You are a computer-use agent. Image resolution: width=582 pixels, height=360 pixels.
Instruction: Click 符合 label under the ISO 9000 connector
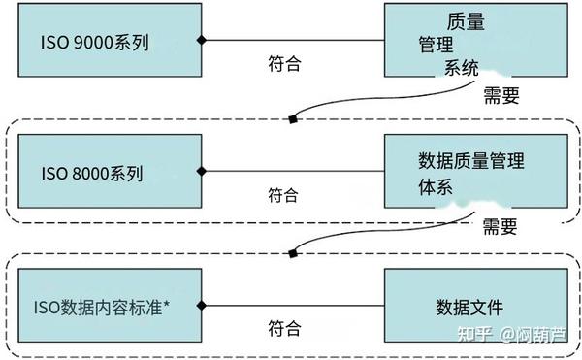[283, 64]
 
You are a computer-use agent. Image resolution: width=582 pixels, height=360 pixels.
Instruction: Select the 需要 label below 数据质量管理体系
[501, 227]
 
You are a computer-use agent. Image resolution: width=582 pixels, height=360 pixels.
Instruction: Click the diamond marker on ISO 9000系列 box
[202, 40]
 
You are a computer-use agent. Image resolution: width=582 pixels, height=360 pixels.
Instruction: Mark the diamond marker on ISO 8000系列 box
[202, 173]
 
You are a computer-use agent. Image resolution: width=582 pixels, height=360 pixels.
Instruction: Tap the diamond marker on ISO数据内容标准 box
[202, 307]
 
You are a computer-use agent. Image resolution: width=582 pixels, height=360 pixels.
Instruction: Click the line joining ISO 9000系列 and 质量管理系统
[291, 40]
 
